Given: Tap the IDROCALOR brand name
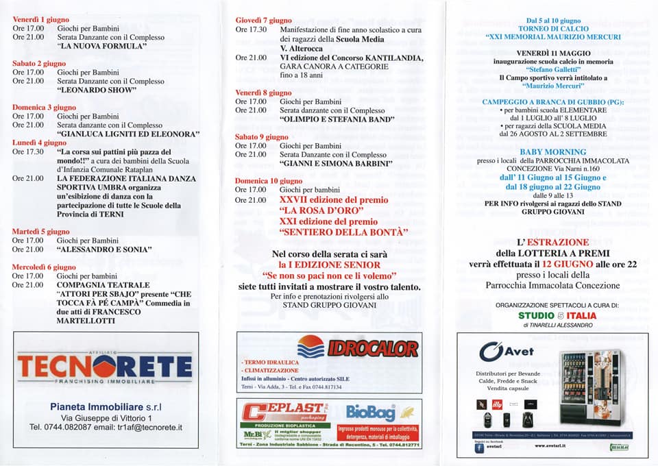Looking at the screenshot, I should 372,348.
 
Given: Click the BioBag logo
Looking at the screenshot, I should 371,413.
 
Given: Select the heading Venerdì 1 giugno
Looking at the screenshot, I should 38,19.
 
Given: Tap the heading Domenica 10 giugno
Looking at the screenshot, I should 264,180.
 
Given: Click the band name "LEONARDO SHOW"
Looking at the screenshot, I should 97,90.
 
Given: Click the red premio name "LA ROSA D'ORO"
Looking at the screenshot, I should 319,211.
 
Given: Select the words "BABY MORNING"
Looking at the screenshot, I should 552,151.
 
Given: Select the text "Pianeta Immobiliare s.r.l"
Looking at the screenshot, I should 105,406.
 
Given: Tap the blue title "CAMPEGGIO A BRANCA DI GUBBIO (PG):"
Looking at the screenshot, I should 552,101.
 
